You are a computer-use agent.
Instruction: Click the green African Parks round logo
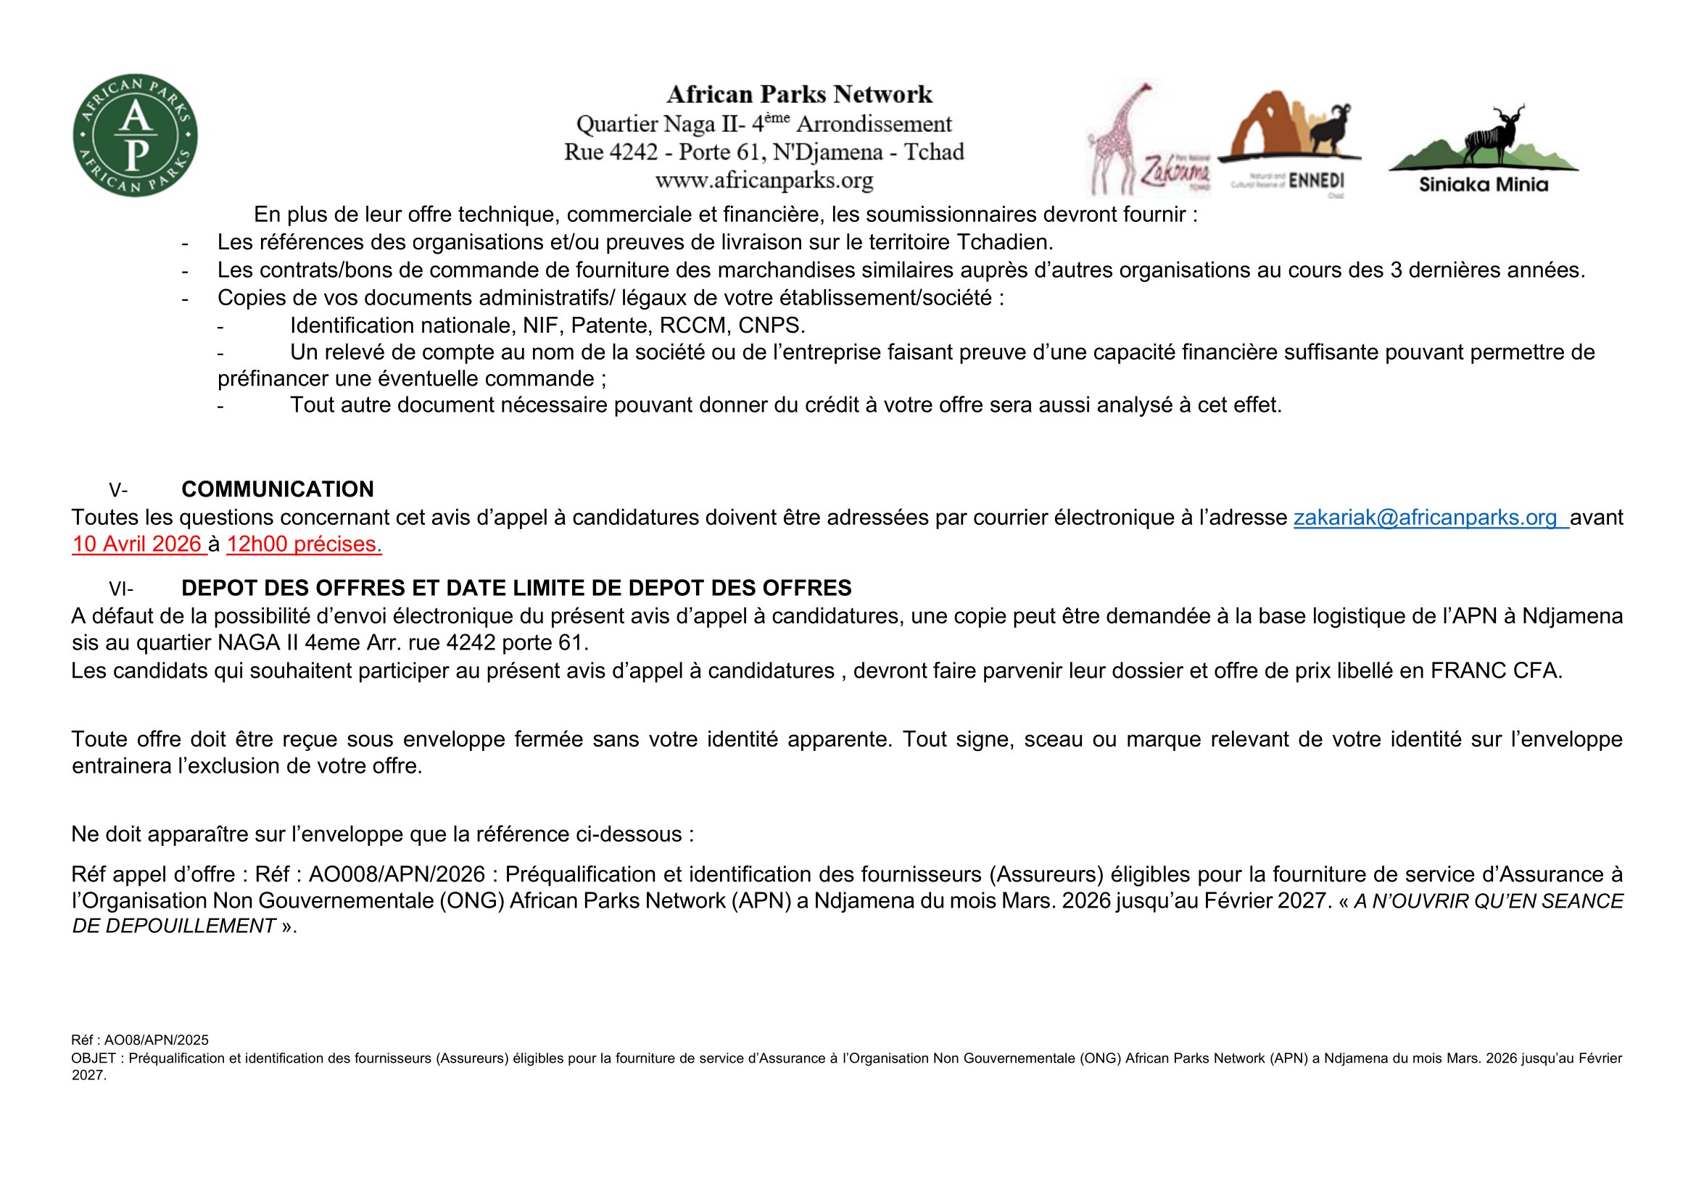(135, 135)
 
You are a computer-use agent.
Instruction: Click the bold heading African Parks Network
(799, 94)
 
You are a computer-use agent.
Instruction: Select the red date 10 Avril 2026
(136, 544)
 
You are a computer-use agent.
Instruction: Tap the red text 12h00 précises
(302, 544)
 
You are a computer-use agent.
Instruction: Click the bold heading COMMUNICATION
(277, 489)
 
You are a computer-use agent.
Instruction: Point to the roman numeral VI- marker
(120, 589)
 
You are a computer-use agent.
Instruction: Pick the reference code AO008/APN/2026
(397, 874)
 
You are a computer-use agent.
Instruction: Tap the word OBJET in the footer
(94, 1058)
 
